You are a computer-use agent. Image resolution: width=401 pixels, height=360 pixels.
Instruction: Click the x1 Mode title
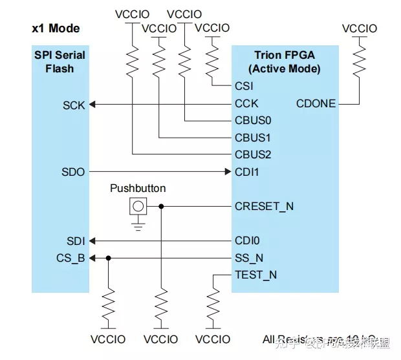click(56, 29)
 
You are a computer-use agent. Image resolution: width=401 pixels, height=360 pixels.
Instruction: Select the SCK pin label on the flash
click(74, 105)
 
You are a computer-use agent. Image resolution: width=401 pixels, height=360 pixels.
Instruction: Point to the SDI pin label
click(75, 241)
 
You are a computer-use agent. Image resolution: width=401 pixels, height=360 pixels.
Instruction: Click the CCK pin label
click(246, 103)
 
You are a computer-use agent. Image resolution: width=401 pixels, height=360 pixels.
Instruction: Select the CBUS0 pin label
click(253, 120)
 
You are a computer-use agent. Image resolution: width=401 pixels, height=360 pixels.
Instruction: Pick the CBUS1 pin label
click(253, 138)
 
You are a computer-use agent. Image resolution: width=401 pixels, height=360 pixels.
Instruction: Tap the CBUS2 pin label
click(253, 154)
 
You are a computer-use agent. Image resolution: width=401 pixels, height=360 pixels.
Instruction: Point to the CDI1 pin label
click(246, 172)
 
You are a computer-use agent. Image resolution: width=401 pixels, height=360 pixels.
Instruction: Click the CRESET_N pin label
click(264, 207)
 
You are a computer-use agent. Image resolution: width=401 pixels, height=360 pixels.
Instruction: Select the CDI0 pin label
click(246, 241)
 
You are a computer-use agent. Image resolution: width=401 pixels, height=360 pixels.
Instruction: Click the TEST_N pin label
click(255, 275)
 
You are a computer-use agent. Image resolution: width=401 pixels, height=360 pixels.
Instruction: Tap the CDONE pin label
click(315, 103)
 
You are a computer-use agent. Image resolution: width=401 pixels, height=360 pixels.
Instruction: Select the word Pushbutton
click(138, 189)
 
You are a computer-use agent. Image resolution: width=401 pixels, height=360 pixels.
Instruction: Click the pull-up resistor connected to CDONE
click(357, 59)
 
